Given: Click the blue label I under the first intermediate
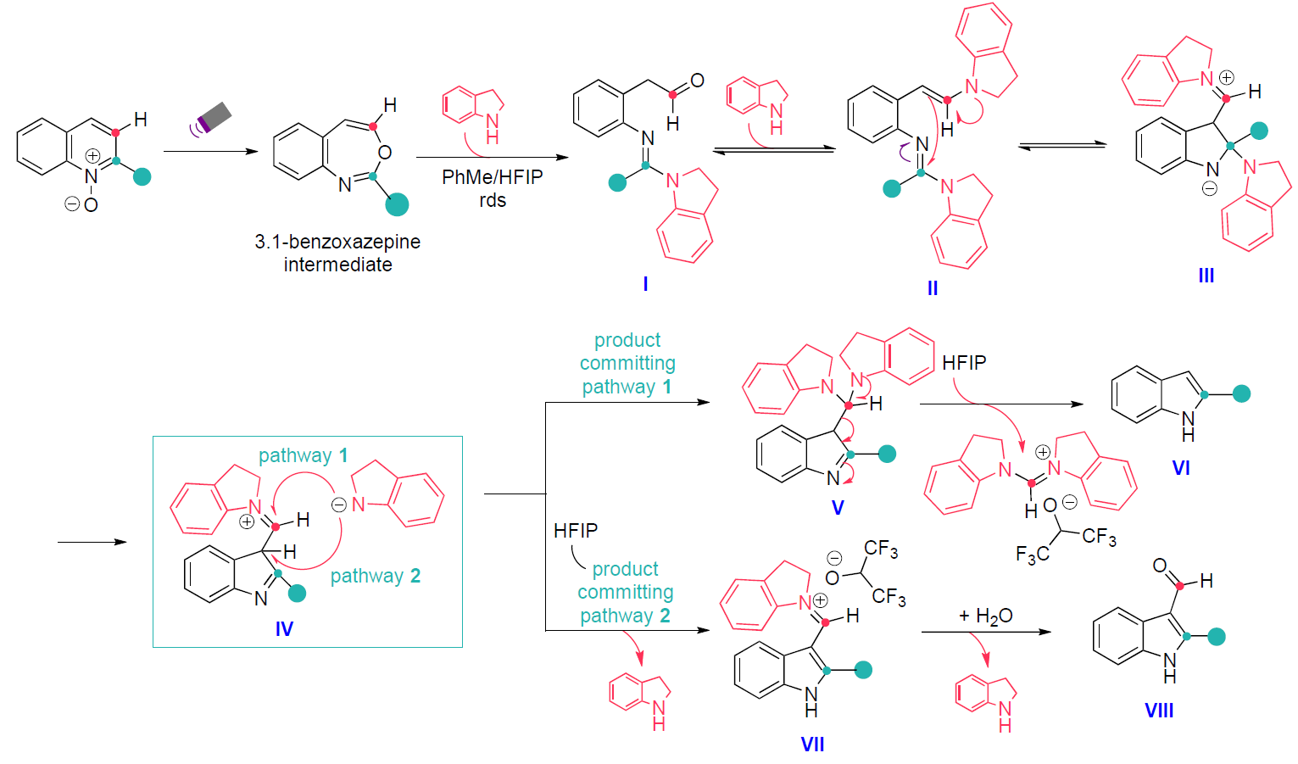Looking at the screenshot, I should pos(645,283).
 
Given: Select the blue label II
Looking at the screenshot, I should pos(933,288).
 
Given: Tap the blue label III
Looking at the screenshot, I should pos(1206,276).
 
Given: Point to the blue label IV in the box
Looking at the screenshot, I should pos(284,629).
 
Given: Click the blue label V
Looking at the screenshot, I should pos(838,508).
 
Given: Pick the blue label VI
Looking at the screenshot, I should pos(1180,468).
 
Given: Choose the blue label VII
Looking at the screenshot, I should pos(812,744).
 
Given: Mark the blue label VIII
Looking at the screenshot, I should pos(1159,711).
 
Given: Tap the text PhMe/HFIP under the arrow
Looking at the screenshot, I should pos(492,177).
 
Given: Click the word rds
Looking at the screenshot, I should pos(493,201).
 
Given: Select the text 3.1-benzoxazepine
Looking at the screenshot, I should pos(337,242).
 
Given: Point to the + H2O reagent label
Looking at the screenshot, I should pos(985,616).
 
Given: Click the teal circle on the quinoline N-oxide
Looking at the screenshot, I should pos(142,176).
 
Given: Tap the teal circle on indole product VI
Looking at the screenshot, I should pos(1241,393).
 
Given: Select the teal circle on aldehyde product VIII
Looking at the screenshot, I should pos(1217,636).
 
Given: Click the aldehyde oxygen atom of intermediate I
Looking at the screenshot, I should pos(697,81).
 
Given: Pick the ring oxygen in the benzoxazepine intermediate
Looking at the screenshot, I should pos(384,153).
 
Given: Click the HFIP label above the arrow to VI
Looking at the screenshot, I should pos(964,363).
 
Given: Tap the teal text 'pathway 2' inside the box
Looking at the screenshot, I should pos(375,576).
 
